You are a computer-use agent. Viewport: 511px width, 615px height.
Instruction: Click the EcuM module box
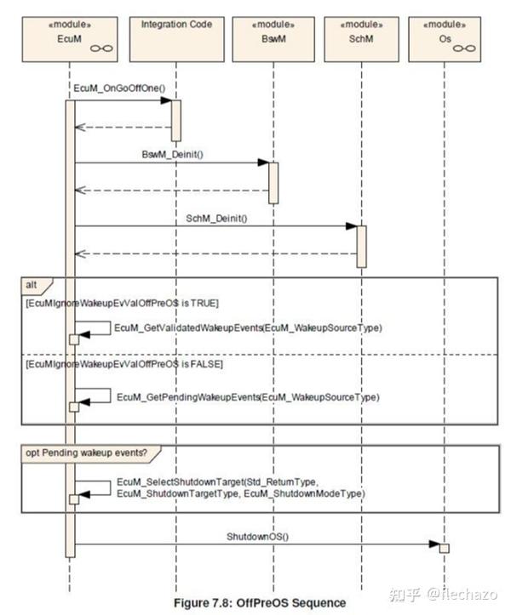pyautogui.click(x=70, y=39)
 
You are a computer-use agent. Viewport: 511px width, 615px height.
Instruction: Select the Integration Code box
pyautogui.click(x=177, y=39)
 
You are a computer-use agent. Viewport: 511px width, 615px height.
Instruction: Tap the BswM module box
pyautogui.click(x=273, y=39)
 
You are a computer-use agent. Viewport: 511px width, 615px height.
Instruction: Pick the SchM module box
pyautogui.click(x=361, y=39)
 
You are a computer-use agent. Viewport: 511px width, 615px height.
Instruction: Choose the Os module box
pyautogui.click(x=445, y=39)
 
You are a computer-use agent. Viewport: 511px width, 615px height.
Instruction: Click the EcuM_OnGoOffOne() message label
pyautogui.click(x=119, y=88)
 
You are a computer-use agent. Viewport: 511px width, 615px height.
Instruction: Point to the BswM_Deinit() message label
pyautogui.click(x=172, y=155)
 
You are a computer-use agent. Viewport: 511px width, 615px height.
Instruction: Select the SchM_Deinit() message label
pyautogui.click(x=216, y=218)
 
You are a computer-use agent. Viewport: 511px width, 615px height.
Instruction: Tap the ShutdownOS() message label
pyautogui.click(x=257, y=536)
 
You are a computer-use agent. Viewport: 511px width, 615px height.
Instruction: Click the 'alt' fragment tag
pyautogui.click(x=32, y=285)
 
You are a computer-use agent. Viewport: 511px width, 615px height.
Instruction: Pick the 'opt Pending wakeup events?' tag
pyautogui.click(x=86, y=453)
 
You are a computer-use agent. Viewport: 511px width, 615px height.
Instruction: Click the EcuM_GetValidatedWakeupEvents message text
pyautogui.click(x=248, y=327)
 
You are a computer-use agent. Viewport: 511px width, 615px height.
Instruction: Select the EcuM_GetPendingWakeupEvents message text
pyautogui.click(x=248, y=397)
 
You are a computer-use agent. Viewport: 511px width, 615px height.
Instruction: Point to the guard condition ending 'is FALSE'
pyautogui.click(x=124, y=364)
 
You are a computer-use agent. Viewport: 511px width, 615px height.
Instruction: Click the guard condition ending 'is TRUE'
pyautogui.click(x=122, y=303)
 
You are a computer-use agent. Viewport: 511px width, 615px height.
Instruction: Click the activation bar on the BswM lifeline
pyautogui.click(x=273, y=183)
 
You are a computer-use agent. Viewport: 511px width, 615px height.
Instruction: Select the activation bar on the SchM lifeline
pyautogui.click(x=361, y=247)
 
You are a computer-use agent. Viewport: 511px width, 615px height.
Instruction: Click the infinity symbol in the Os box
pyautogui.click(x=464, y=48)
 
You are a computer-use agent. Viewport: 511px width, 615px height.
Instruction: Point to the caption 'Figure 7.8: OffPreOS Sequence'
pyautogui.click(x=260, y=603)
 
